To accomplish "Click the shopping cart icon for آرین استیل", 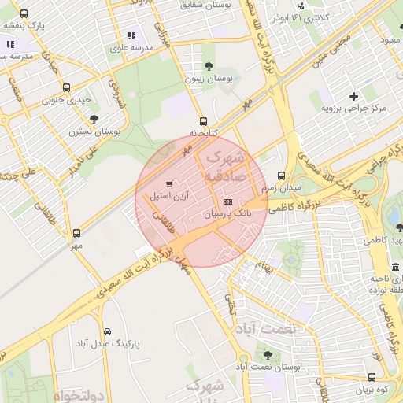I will click(170, 184).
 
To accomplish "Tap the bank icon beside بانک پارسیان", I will click(228, 202).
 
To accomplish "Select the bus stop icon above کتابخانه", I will click(204, 121).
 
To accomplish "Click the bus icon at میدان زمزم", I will click(282, 176).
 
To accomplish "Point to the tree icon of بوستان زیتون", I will click(208, 67).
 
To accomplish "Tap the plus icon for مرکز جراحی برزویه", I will click(353, 95).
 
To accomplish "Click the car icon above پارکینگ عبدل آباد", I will click(108, 331).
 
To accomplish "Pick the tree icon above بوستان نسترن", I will click(94, 120).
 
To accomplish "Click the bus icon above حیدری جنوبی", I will click(66, 88).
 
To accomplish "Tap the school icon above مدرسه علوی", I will click(131, 35).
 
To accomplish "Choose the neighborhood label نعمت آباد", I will click(267, 328).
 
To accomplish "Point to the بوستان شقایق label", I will click(207, 6).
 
